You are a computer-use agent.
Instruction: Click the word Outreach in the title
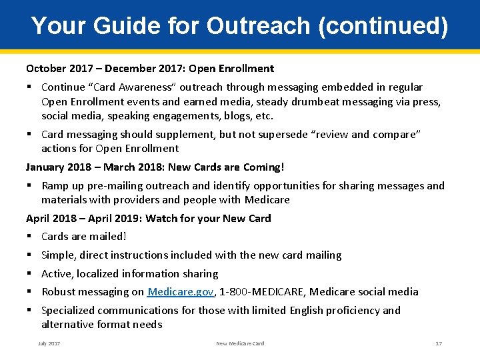258,26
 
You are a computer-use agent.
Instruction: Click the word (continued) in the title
383,26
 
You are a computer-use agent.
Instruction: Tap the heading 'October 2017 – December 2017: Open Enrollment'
150,68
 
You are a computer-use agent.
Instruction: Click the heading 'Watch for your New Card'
208,218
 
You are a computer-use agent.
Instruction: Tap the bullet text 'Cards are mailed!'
83,236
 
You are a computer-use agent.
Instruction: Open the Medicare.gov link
181,291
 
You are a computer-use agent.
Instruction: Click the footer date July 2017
49,343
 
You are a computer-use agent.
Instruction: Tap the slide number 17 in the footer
438,343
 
